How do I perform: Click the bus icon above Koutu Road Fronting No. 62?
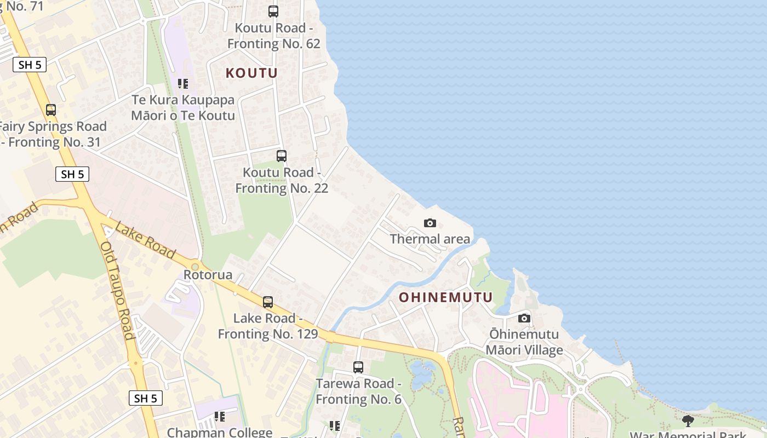pos(273,11)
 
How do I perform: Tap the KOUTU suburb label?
pos(252,73)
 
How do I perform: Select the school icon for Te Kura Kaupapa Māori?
pos(183,84)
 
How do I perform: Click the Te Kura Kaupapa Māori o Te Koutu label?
pos(183,108)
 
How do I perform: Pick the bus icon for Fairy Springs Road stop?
pos(51,110)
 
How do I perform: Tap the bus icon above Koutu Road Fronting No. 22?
pos(282,156)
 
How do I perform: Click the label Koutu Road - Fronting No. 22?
pos(282,180)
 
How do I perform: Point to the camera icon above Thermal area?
pos(430,223)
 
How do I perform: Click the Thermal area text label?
pos(430,239)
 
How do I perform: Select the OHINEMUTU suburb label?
pos(446,297)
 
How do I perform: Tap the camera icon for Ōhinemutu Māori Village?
pos(524,318)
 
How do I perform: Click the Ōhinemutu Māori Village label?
pos(524,342)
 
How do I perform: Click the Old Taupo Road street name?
pos(117,290)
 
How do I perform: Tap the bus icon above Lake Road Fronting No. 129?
pos(268,302)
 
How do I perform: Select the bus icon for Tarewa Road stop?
pos(358,367)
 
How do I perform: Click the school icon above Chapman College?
pos(220,417)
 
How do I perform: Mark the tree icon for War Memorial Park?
pos(688,421)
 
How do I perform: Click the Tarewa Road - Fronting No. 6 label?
pos(358,391)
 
